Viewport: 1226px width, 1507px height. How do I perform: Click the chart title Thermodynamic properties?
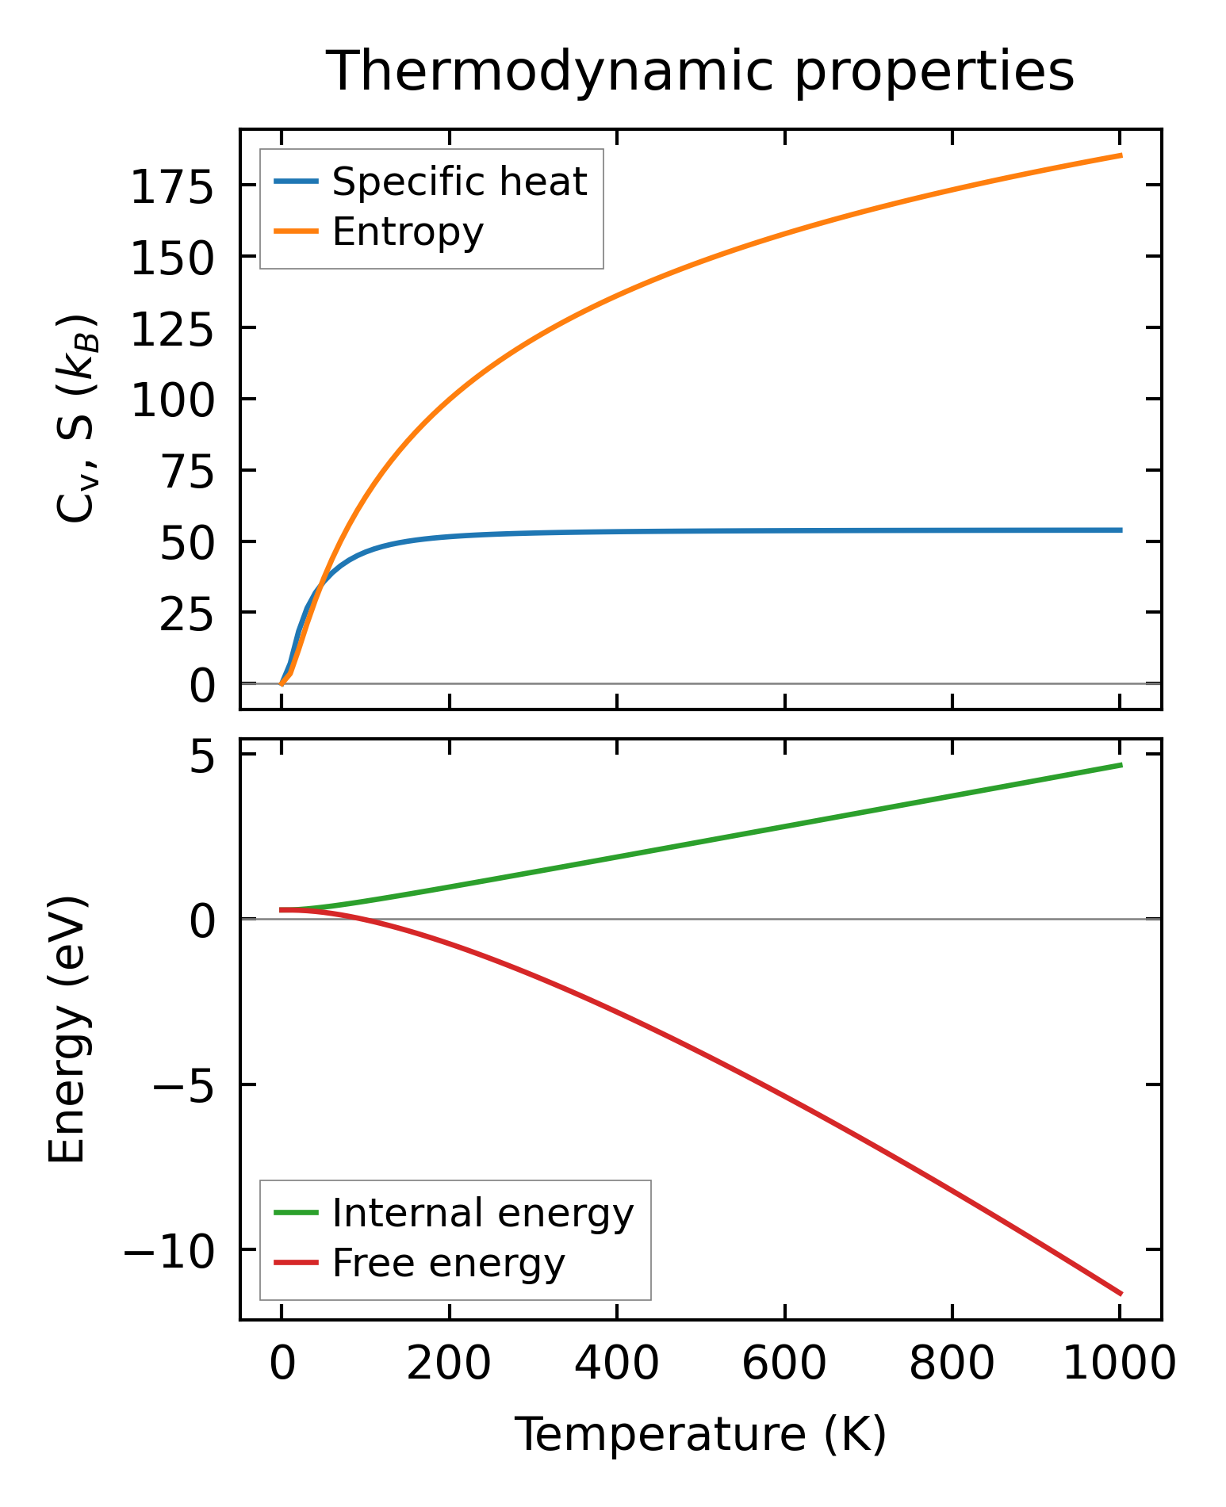click(700, 71)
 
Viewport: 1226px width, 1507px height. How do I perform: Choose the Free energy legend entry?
click(448, 1263)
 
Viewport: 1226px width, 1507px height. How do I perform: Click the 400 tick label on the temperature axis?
click(616, 1364)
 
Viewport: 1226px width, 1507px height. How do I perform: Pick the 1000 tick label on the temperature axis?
click(1118, 1364)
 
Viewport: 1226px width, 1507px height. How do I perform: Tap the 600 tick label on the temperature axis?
click(783, 1364)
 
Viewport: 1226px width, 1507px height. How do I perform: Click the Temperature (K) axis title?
click(700, 1434)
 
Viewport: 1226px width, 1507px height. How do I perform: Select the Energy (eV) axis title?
click(67, 1030)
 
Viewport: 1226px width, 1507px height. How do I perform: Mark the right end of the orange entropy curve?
click(1121, 155)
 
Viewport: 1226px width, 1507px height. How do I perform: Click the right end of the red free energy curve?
click(1121, 1294)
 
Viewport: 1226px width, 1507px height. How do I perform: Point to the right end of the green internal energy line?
click(1121, 765)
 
